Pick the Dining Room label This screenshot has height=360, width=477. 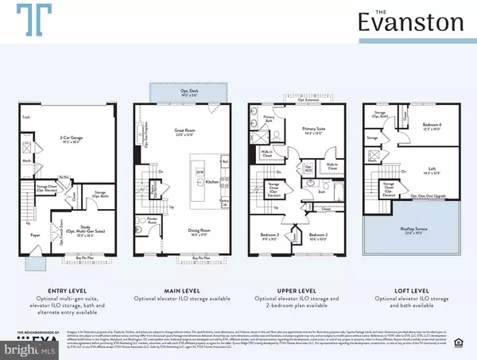[185, 210]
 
